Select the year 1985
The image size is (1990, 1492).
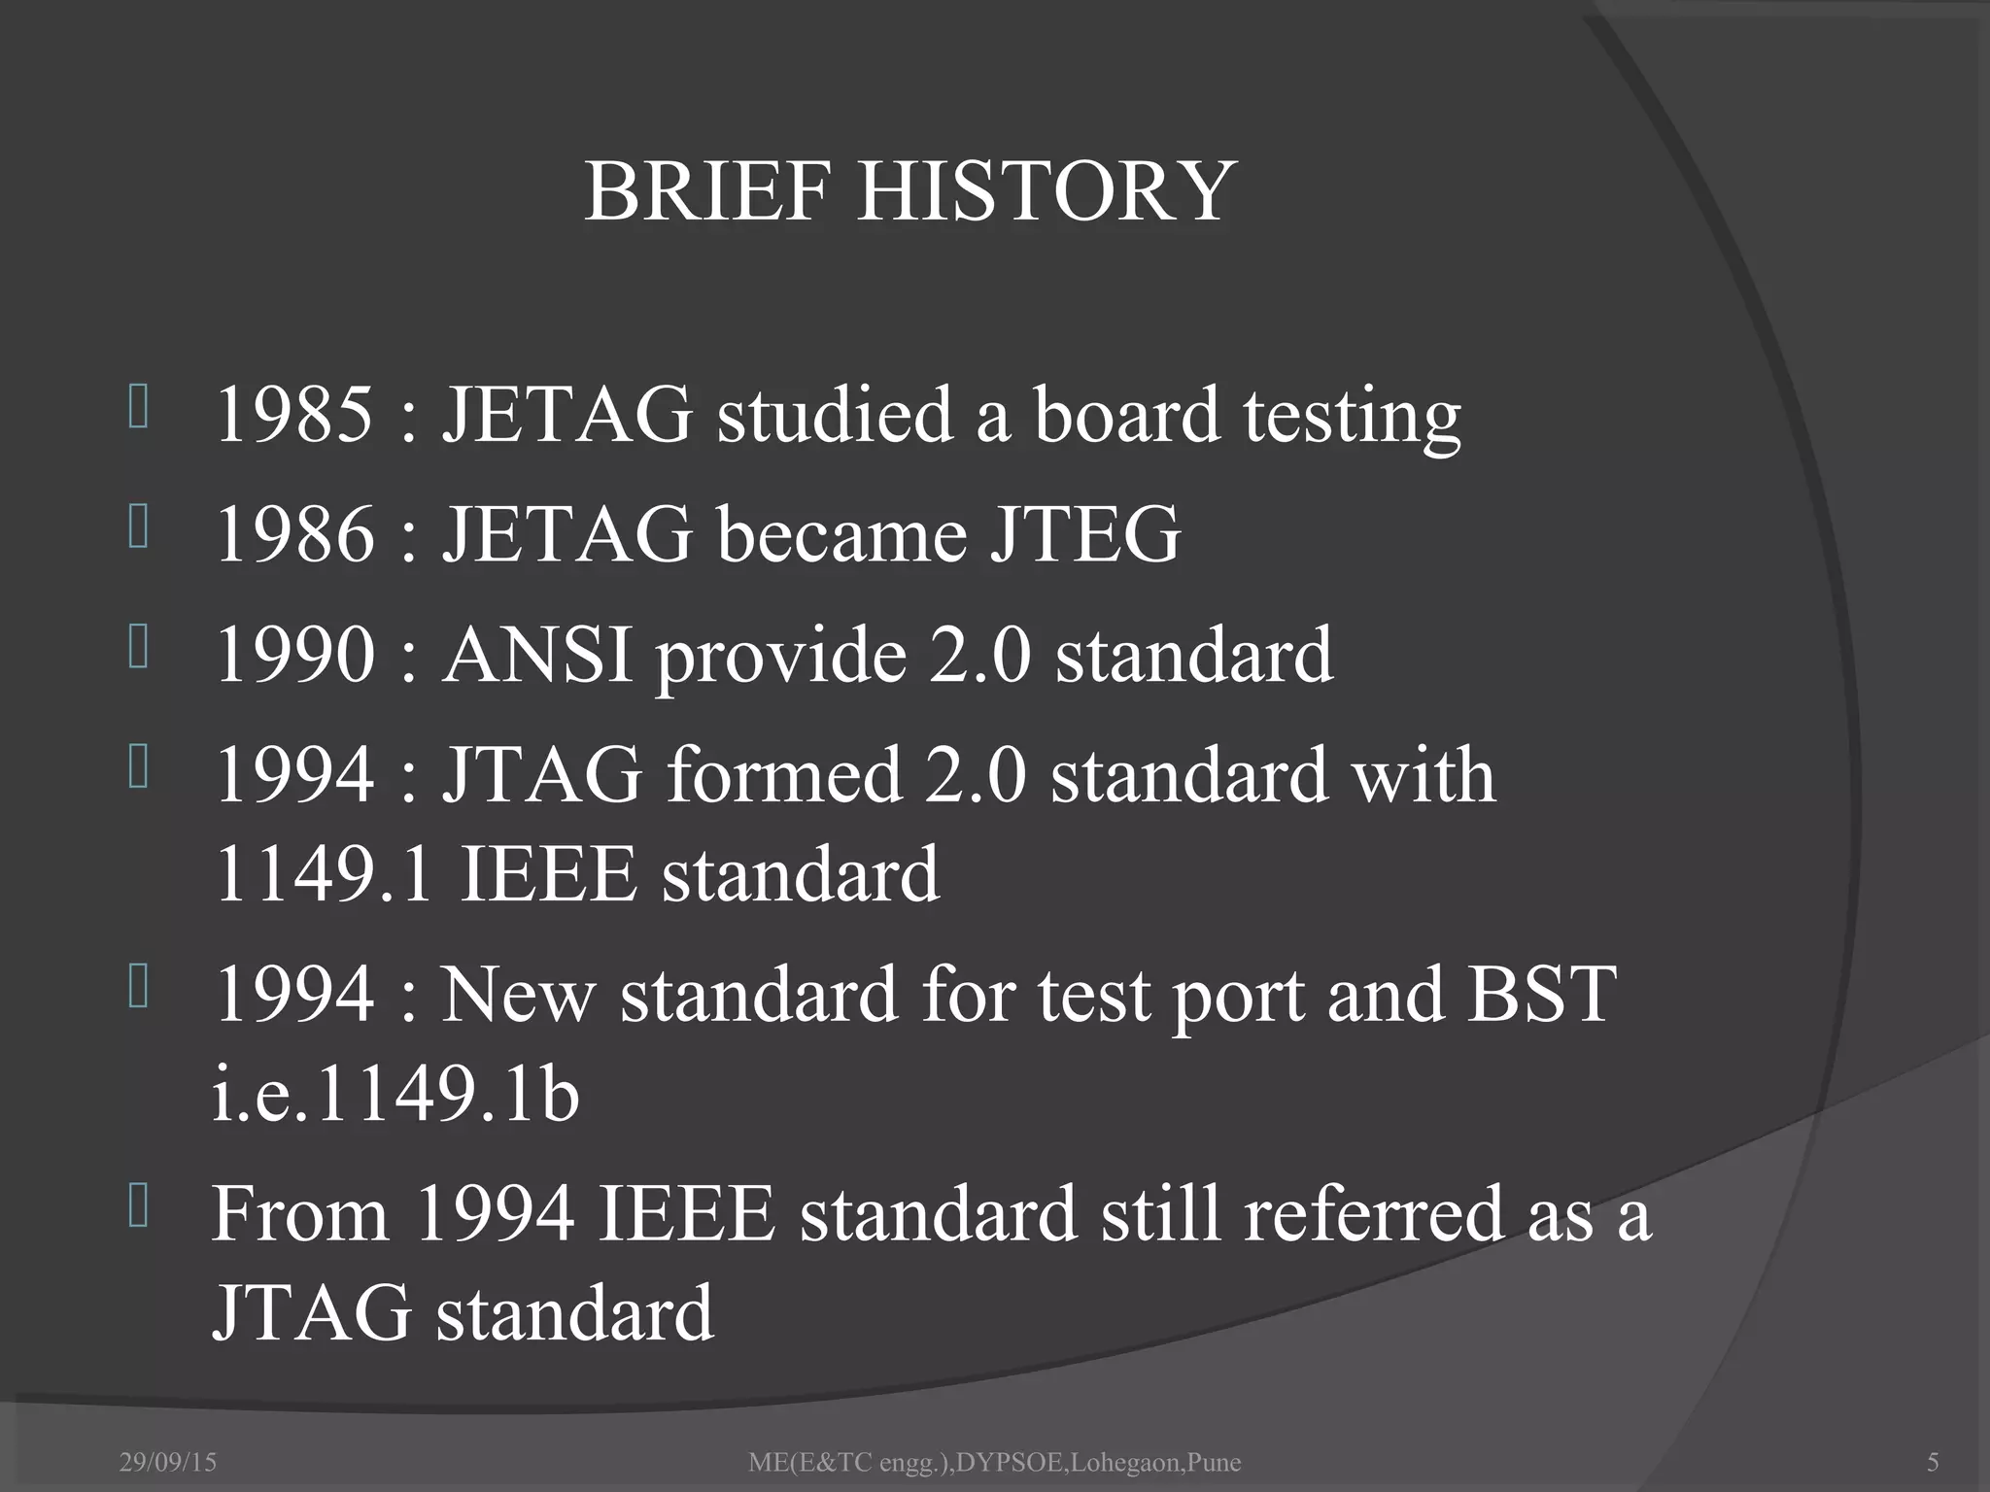(x=294, y=414)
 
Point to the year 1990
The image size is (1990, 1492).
(x=294, y=654)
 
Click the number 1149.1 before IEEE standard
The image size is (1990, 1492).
(x=322, y=874)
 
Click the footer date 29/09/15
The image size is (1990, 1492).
(x=168, y=1462)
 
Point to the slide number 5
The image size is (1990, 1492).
(x=1933, y=1462)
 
